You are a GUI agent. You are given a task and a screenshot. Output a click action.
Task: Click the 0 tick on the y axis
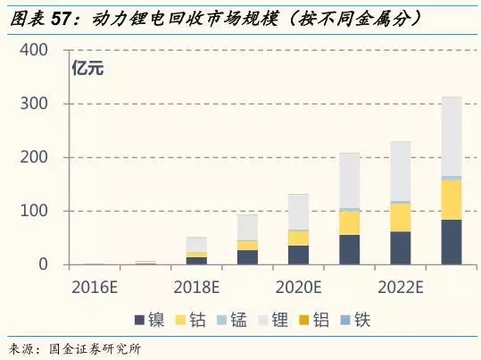42,264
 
